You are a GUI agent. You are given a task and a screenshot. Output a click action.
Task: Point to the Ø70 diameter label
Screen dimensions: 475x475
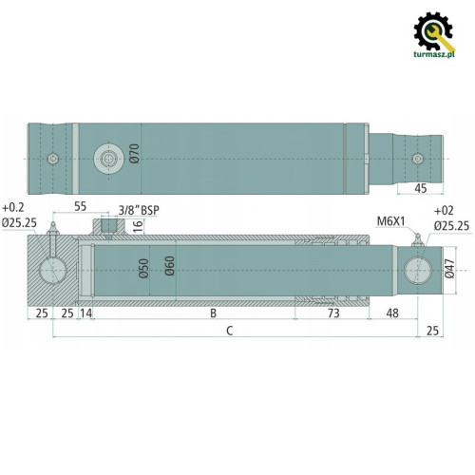[x=135, y=152]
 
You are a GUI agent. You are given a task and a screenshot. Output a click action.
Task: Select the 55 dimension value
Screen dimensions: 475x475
[x=80, y=206]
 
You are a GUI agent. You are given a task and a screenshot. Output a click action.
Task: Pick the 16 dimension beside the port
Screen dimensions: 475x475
[x=137, y=226]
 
